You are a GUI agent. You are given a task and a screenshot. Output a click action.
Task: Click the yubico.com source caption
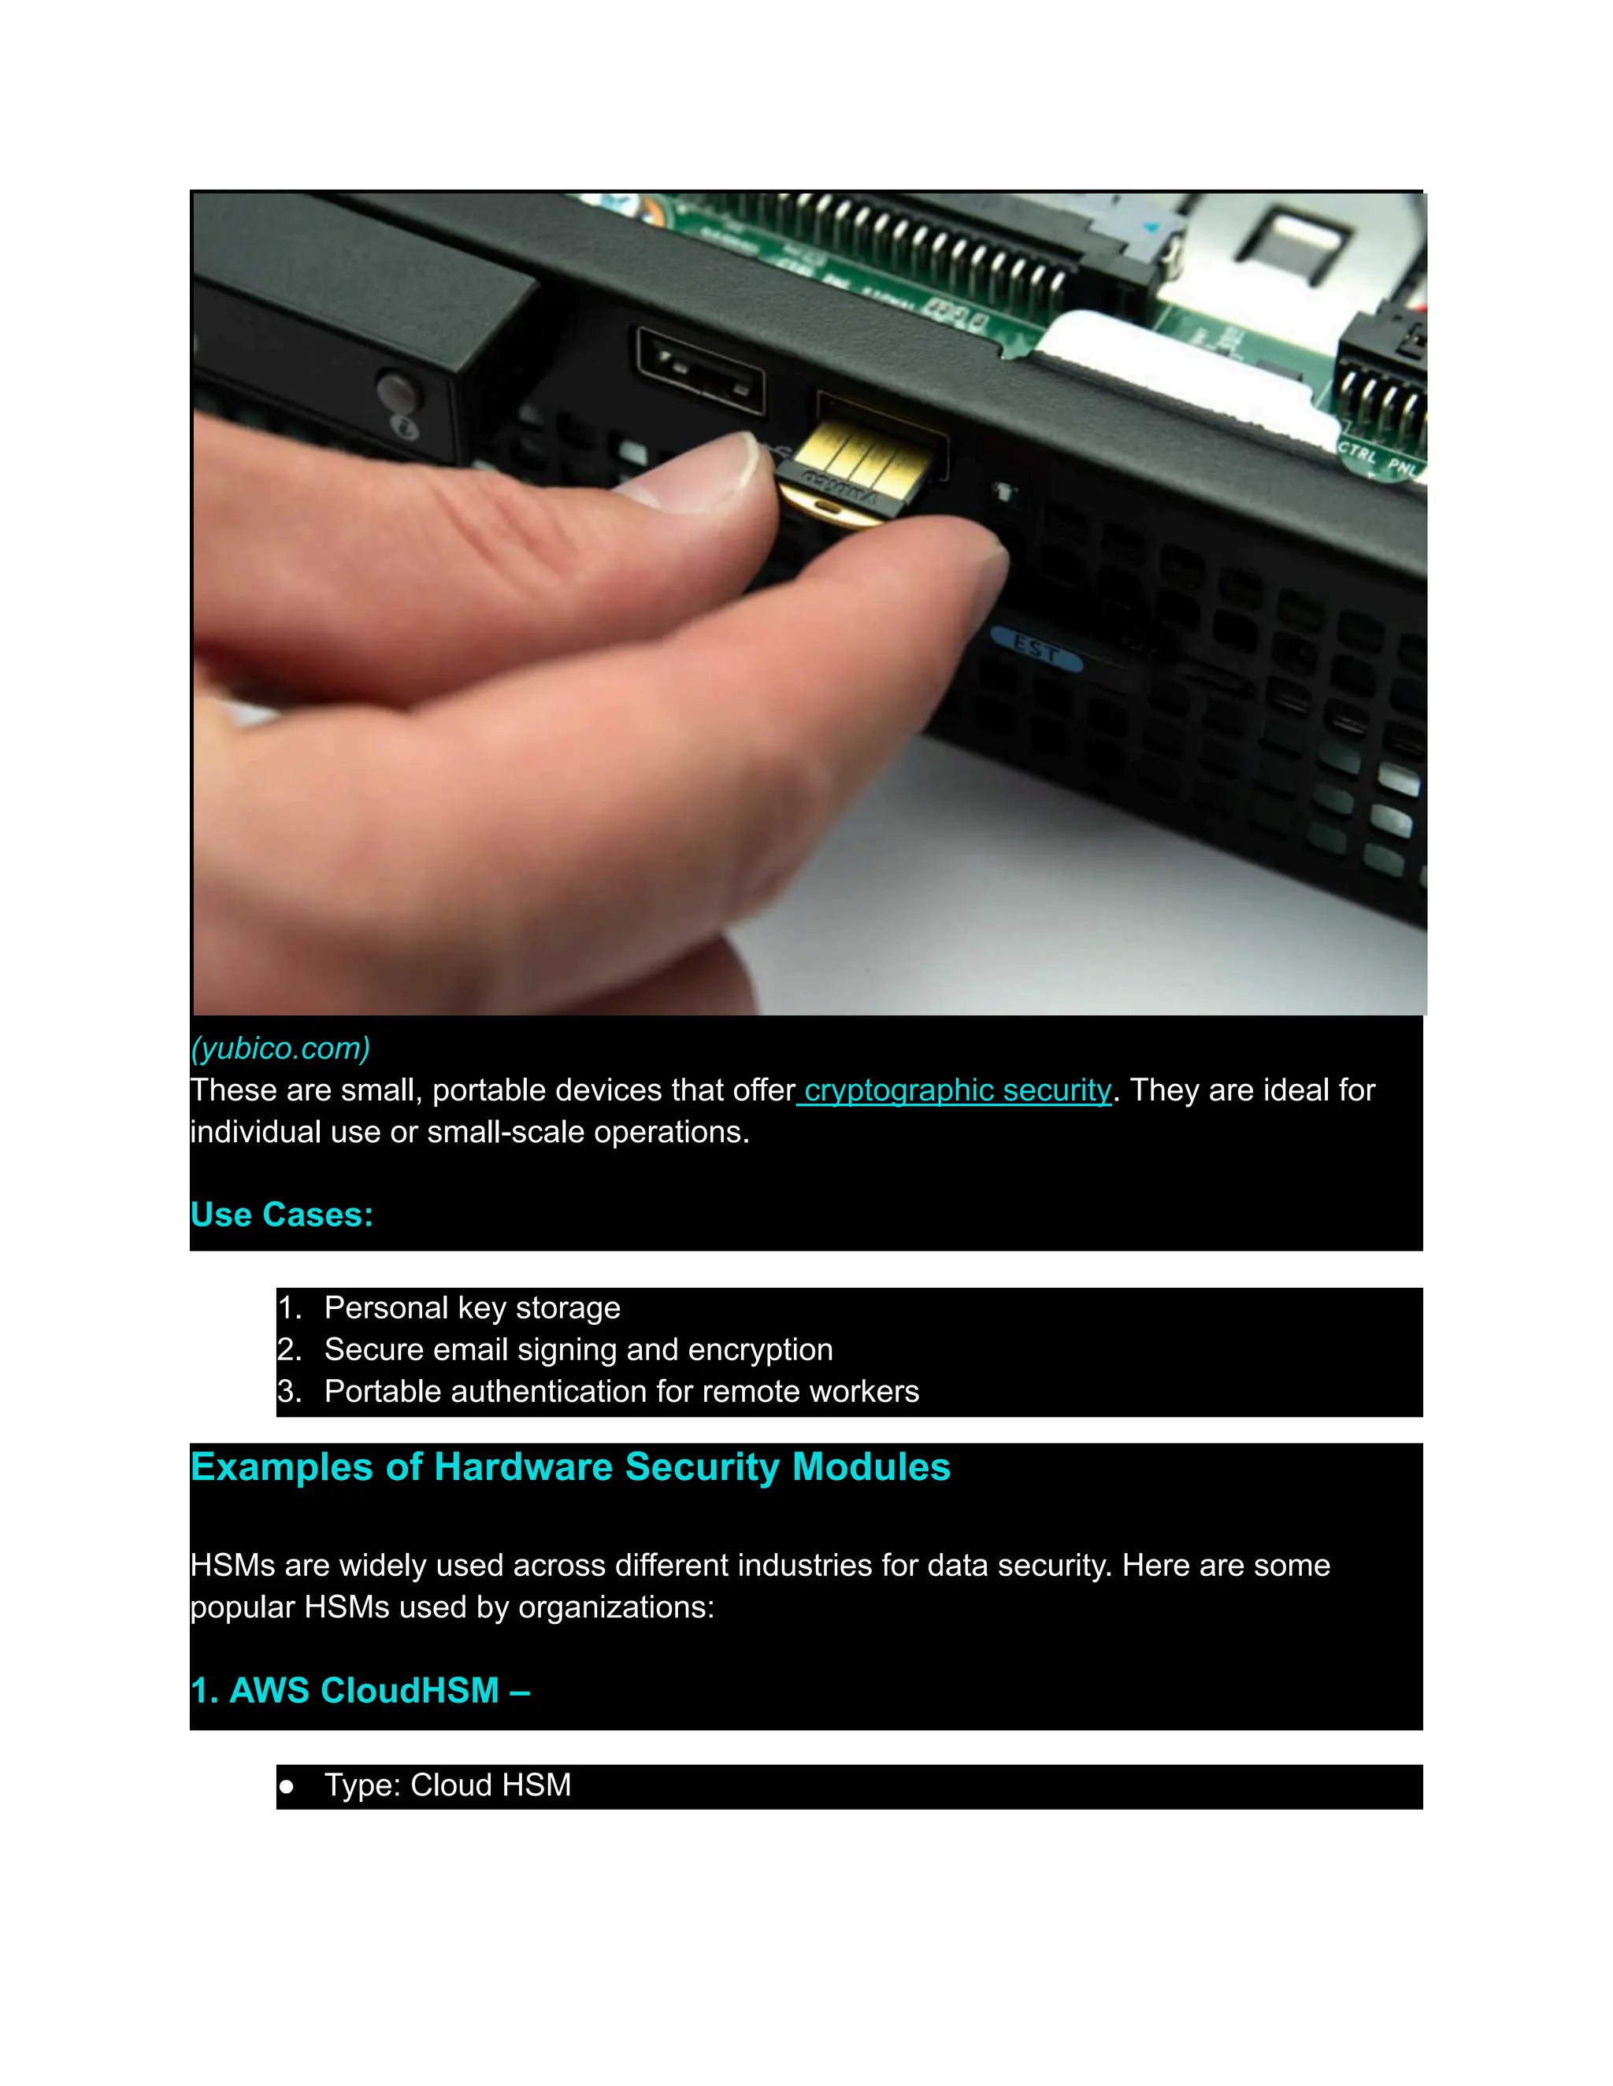280,1049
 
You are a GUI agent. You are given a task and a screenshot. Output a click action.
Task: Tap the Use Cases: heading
281,1215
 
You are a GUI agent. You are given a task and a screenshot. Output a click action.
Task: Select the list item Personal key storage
472,1307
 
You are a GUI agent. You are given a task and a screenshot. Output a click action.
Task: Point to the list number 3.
287,1392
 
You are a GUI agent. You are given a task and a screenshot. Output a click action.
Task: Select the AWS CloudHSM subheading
359,1691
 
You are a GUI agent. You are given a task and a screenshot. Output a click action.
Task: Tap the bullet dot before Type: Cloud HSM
286,1786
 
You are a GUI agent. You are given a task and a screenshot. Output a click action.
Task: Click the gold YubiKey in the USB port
855,468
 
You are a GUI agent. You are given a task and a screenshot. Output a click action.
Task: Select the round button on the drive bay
395,390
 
